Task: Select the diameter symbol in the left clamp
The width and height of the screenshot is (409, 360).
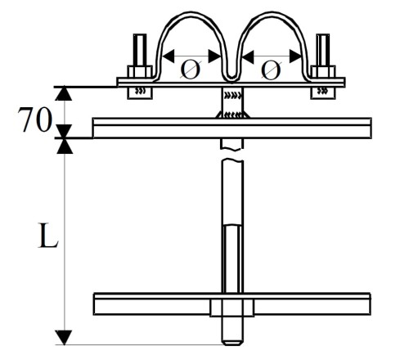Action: [190, 69]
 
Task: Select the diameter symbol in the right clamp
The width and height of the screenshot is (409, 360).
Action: [271, 69]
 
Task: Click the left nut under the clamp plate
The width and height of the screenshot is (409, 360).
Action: [139, 92]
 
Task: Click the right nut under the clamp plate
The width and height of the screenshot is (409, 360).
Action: [321, 92]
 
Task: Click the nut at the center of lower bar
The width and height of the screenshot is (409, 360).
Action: [231, 308]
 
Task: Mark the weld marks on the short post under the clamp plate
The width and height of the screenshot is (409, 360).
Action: [231, 100]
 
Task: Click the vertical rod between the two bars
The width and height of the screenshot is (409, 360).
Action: [232, 221]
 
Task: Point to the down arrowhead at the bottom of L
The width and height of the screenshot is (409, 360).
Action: [65, 336]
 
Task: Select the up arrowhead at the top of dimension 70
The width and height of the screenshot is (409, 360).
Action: [65, 93]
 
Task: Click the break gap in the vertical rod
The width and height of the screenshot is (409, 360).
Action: [231, 153]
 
